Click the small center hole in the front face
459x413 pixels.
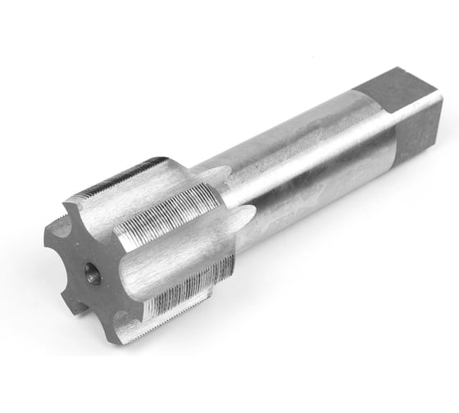[x=93, y=275]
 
